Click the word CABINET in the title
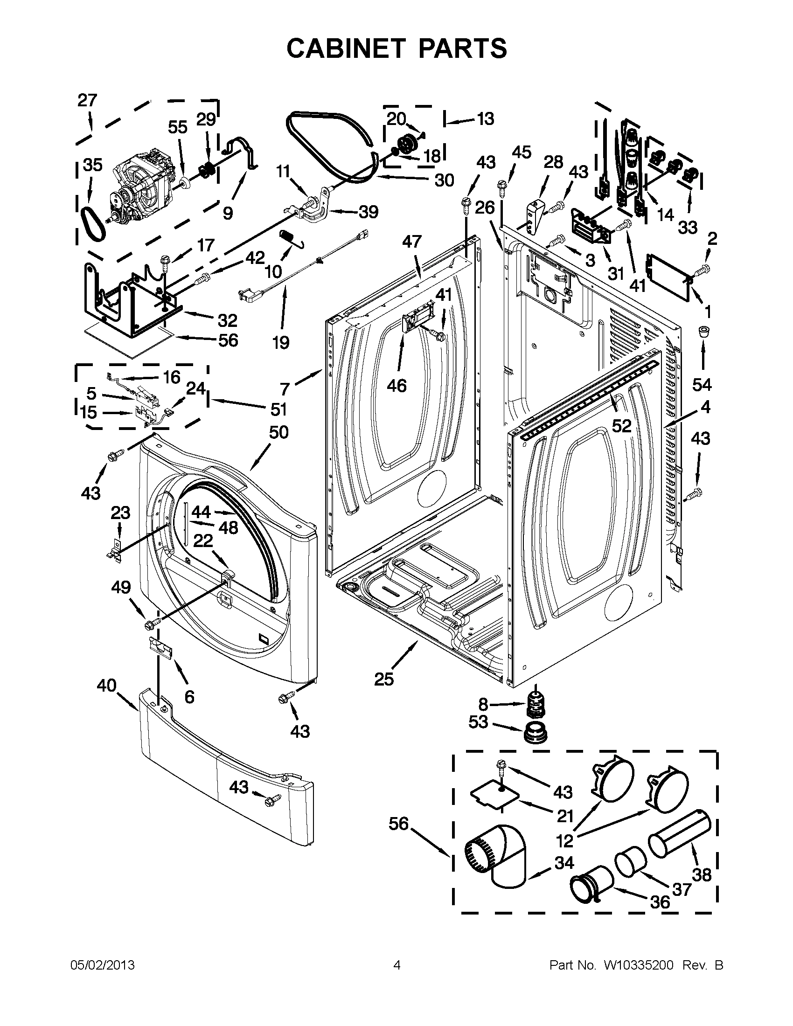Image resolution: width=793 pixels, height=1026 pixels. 347,49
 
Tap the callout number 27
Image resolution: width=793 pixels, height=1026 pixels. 87,101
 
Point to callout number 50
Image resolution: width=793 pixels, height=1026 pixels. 278,432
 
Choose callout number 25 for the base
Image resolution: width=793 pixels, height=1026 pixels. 383,679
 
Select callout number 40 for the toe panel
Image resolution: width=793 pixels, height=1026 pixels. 106,686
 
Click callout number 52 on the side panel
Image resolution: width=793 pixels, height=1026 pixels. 621,426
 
